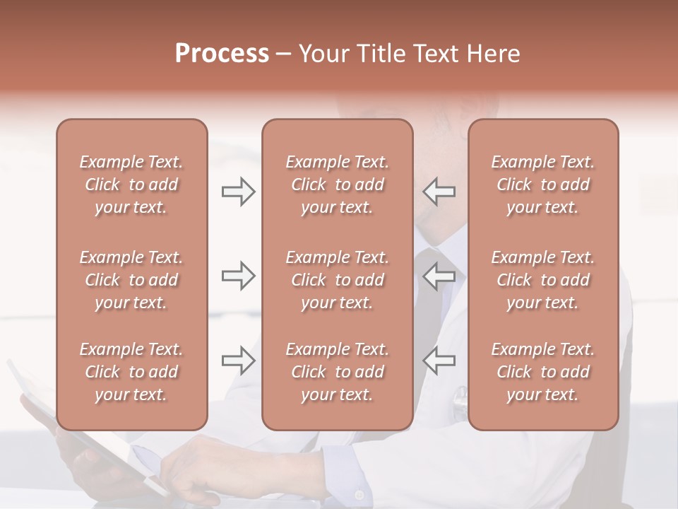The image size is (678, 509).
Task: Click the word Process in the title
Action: coord(222,54)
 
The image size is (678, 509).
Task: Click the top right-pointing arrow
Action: coord(239,192)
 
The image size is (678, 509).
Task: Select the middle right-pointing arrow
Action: coord(239,276)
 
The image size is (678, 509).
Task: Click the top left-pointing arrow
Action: coord(439,192)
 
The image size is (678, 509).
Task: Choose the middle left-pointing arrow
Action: coord(439,276)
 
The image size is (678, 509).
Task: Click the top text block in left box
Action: coord(131,185)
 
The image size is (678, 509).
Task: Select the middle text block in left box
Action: coord(131,280)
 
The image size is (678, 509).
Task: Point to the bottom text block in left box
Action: coord(131,372)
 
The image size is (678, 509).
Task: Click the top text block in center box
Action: coord(337,185)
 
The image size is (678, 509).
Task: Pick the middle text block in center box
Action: coord(337,280)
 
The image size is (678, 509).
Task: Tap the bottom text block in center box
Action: coord(337,372)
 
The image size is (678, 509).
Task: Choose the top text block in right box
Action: coord(542,185)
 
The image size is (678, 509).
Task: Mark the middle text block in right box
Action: coord(542,280)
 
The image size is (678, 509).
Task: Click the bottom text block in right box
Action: coord(542,372)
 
